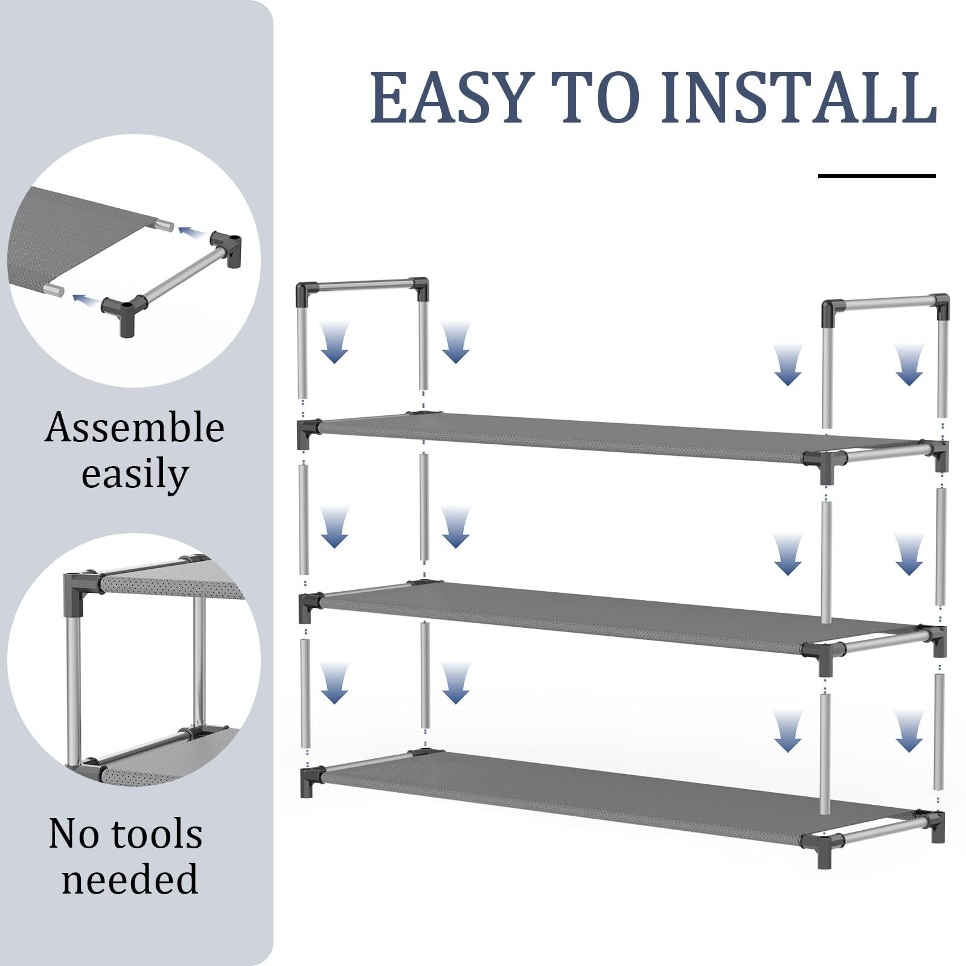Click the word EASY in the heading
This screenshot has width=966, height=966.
click(x=450, y=98)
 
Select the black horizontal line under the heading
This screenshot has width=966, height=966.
click(x=877, y=176)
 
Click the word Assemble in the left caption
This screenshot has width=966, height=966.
click(x=135, y=427)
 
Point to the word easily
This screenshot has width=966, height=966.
click(x=135, y=475)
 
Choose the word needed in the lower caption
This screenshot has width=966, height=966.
click(x=130, y=879)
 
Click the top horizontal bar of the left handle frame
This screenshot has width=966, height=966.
click(x=362, y=284)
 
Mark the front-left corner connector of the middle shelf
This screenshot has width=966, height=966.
click(x=309, y=607)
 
